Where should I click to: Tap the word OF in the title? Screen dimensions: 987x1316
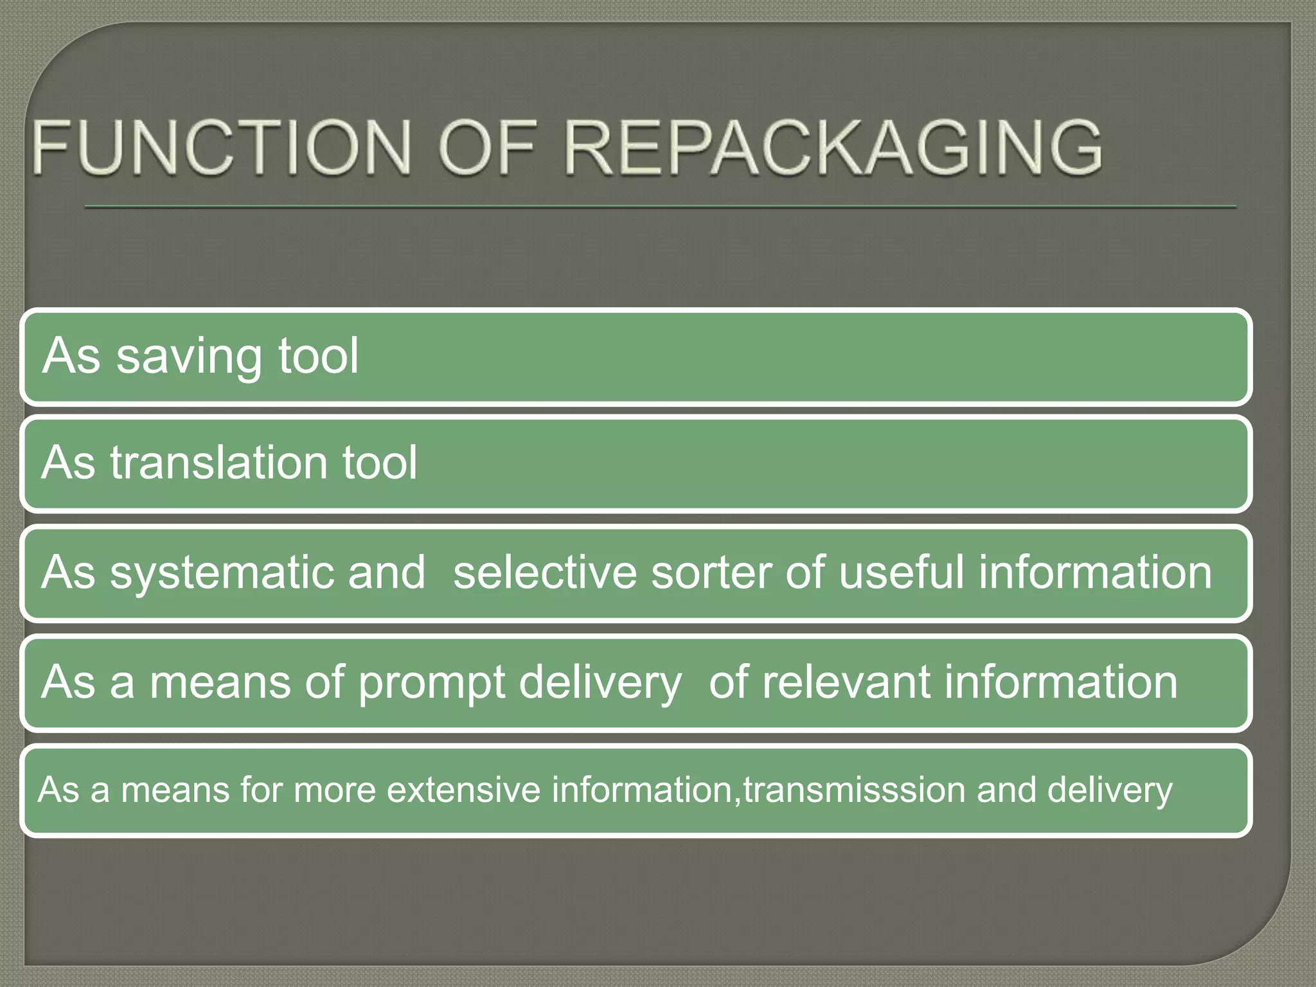(486, 148)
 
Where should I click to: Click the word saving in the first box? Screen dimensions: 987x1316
(188, 357)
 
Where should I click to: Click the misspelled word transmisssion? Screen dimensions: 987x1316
(854, 790)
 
